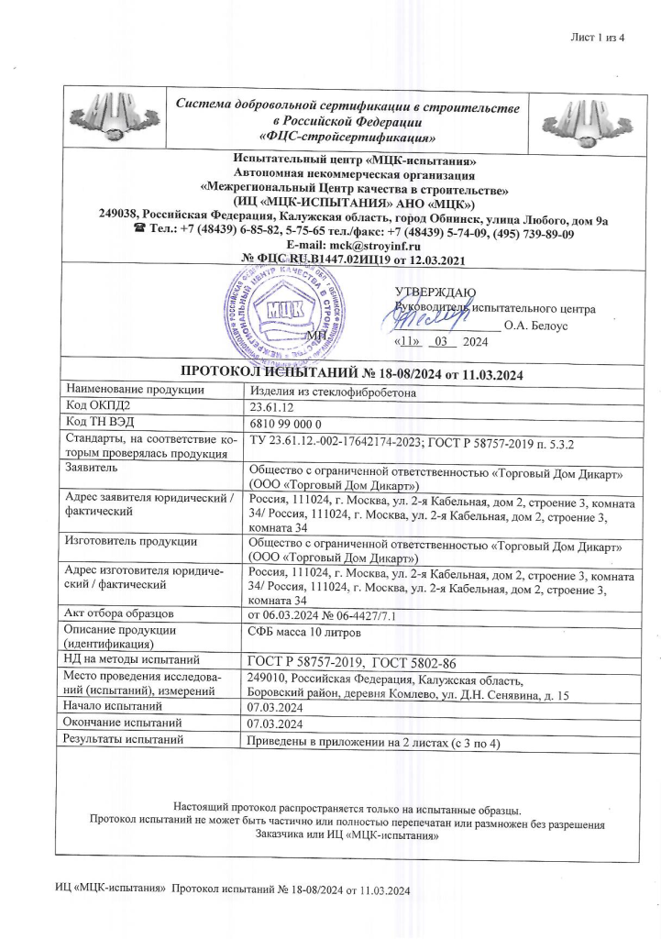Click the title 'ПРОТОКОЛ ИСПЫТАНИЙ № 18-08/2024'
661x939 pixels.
pyautogui.click(x=349, y=374)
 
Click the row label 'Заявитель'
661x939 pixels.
pyautogui.click(x=90, y=466)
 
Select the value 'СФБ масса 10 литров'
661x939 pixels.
pyautogui.click(x=303, y=630)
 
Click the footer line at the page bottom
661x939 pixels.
pyautogui.click(x=234, y=890)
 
